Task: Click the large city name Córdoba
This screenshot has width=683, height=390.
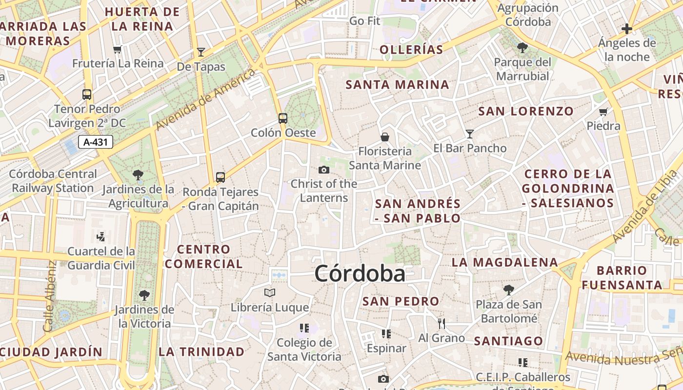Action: (360, 273)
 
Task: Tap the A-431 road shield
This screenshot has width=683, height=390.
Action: (96, 142)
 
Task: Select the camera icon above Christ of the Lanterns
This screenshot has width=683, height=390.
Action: (323, 170)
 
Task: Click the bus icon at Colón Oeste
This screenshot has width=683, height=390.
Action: (282, 118)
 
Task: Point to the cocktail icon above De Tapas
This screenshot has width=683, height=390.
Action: (201, 52)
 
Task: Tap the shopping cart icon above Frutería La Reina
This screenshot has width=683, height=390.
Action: (117, 49)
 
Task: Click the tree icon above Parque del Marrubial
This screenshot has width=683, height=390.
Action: (522, 48)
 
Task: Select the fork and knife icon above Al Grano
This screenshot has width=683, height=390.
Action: (442, 323)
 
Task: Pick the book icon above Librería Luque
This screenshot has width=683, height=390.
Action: (270, 293)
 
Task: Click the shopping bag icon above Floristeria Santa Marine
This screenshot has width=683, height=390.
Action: (385, 137)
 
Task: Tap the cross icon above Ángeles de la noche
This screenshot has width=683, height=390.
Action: (627, 29)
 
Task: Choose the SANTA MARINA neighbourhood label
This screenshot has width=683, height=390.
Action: (397, 85)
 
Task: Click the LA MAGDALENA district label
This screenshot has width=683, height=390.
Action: (504, 262)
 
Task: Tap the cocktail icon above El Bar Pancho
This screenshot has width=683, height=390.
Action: (469, 134)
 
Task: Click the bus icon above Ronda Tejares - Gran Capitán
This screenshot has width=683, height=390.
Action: (221, 177)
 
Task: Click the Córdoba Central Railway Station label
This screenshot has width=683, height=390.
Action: (53, 181)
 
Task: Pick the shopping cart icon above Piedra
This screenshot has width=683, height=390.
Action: (603, 112)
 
